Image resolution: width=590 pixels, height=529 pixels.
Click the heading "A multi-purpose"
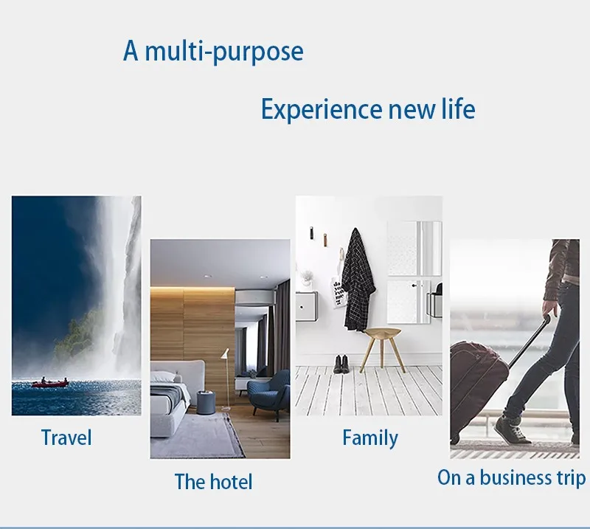[x=213, y=52]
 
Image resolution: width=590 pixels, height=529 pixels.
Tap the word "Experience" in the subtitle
[x=322, y=110]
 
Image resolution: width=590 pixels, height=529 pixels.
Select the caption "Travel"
[x=66, y=438]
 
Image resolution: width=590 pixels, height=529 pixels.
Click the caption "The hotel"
[x=213, y=482]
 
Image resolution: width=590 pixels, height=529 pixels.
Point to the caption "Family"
[x=370, y=439]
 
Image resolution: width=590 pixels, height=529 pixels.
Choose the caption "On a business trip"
[x=512, y=478]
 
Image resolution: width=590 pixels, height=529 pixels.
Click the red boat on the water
[x=50, y=384]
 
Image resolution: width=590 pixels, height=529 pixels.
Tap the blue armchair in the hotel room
[x=269, y=393]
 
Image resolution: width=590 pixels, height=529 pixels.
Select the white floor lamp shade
[x=225, y=354]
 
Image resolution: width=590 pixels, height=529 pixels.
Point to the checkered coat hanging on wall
[x=358, y=280]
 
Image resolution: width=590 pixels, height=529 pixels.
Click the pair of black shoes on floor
[x=341, y=364]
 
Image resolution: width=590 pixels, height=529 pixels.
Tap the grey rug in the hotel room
[x=195, y=436]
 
